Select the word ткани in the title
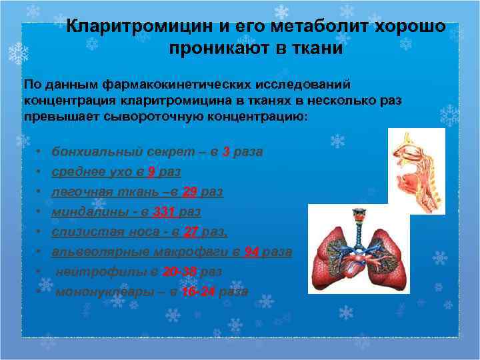click(317, 49)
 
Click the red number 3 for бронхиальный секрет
click(227, 152)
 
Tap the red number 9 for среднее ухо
click(152, 172)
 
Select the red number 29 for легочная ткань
click(189, 192)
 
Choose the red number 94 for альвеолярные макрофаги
click(251, 252)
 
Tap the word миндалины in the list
click(82, 212)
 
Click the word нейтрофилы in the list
click(97, 272)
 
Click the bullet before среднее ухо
click(40, 172)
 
